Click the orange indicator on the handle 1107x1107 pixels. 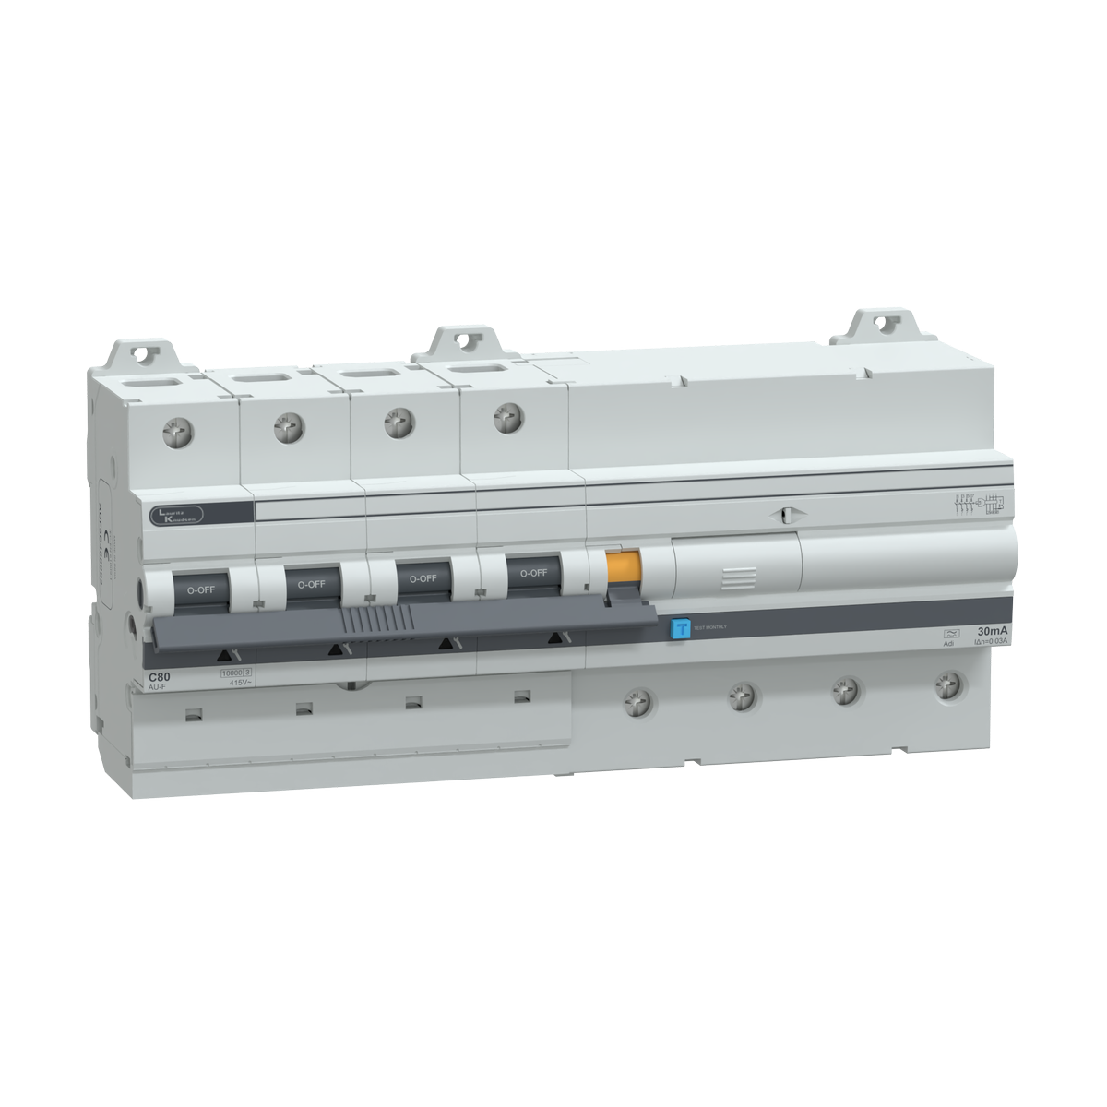tap(623, 565)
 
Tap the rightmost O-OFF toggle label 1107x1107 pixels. tap(532, 573)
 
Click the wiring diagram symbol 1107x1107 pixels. tap(978, 504)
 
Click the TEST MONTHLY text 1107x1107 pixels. tap(711, 627)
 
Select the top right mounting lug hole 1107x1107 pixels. tap(884, 324)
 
